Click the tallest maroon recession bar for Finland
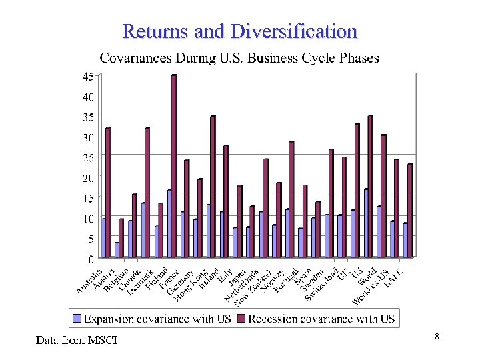pos(173,167)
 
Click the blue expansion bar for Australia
pos(103,238)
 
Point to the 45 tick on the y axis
pos(88,77)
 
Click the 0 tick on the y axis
pos(91,258)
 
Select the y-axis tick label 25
pos(88,157)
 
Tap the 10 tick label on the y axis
pos(88,218)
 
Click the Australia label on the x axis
pos(90,281)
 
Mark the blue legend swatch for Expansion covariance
pos(77,319)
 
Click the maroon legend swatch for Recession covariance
pos(241,319)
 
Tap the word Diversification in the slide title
pos(293,31)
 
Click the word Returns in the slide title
pos(155,31)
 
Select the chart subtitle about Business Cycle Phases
pos(239,58)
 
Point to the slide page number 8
pos(436,337)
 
